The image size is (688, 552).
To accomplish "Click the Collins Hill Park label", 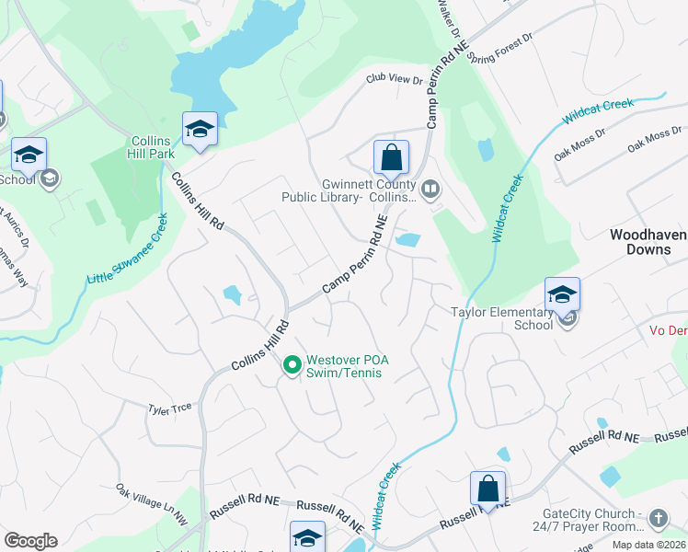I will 151,147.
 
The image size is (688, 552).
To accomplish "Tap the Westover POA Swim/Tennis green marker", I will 292,366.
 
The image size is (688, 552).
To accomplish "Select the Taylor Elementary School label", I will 501,318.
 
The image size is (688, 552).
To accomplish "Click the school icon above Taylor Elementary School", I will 562,294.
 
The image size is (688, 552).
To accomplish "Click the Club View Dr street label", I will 394,80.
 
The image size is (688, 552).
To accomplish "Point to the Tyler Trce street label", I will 170,406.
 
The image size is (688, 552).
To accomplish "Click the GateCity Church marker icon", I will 658,519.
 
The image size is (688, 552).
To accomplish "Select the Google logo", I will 30,540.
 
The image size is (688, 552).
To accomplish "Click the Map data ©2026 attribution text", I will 648,545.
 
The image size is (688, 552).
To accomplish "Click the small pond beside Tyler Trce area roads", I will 233,295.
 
